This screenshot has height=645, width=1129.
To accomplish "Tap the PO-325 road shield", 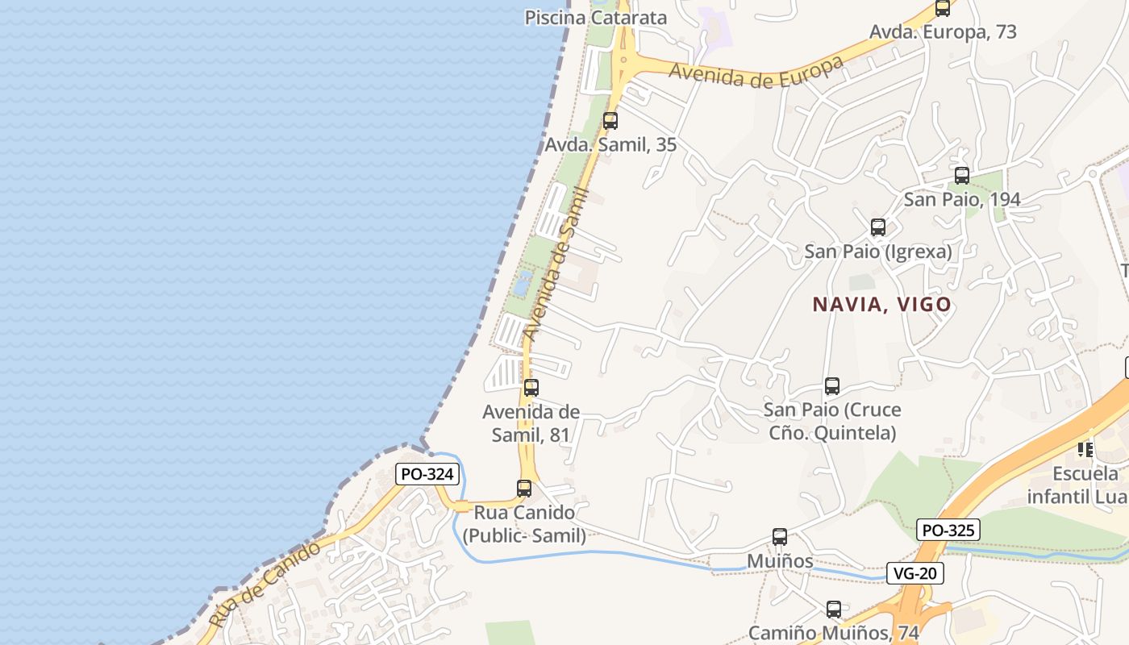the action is (948, 530).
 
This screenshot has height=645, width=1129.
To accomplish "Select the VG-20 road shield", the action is (914, 573).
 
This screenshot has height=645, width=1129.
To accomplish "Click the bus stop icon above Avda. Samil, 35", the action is (610, 121).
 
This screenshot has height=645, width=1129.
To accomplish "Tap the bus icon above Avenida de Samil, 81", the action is (531, 387).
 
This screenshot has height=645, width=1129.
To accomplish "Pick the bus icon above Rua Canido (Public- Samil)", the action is (524, 488).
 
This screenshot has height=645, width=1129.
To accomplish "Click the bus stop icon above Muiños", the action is (779, 536).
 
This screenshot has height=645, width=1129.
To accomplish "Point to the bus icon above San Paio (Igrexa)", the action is (877, 227).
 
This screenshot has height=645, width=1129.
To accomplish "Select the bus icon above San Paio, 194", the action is (961, 175).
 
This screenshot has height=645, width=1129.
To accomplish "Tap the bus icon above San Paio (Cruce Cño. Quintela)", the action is (832, 386).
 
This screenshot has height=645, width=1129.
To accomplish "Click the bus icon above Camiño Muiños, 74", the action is (833, 609).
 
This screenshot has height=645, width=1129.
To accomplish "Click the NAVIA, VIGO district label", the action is (881, 305).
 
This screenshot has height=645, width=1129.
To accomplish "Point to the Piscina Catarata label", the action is (596, 18).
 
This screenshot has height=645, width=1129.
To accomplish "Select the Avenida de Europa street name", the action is (756, 72).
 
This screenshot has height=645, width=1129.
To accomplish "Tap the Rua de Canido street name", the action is (264, 585).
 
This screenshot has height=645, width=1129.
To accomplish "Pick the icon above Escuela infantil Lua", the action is (1085, 448).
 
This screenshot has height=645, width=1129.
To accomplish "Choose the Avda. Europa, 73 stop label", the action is (942, 32).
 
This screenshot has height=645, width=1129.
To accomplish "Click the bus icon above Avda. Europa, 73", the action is (942, 8).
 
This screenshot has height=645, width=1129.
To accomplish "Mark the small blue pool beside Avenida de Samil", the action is (523, 282).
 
